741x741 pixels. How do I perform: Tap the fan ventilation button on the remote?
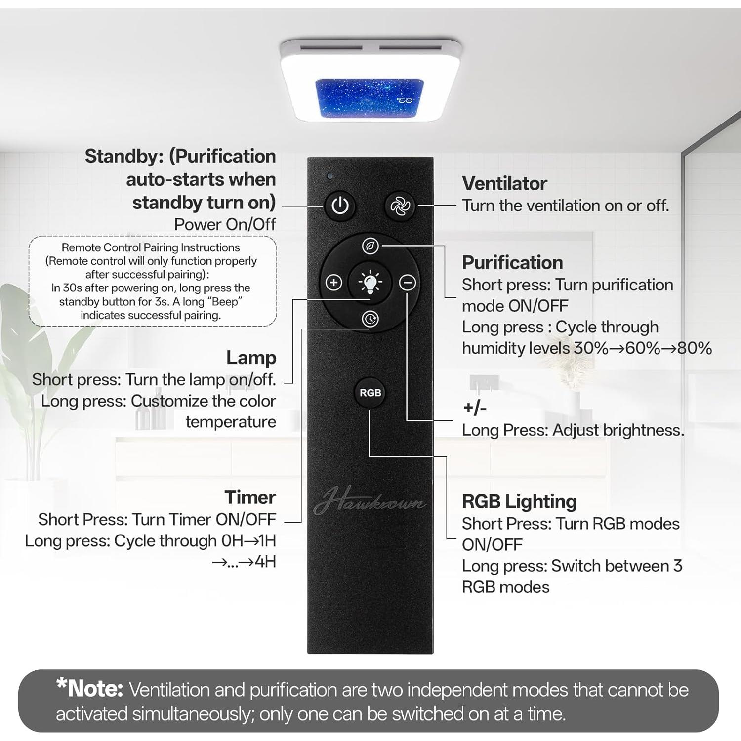(400, 206)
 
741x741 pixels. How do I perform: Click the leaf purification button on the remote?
(370, 246)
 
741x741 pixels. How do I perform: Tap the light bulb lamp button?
(370, 283)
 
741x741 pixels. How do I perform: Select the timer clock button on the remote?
(370, 319)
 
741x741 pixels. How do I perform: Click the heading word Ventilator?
(504, 184)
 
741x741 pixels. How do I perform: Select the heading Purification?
(512, 263)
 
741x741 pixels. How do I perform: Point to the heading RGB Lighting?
(519, 501)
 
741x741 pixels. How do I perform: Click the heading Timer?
(250, 497)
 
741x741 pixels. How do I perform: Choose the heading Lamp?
(251, 358)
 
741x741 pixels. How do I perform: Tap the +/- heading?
(475, 408)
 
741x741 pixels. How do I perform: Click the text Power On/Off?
(225, 225)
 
